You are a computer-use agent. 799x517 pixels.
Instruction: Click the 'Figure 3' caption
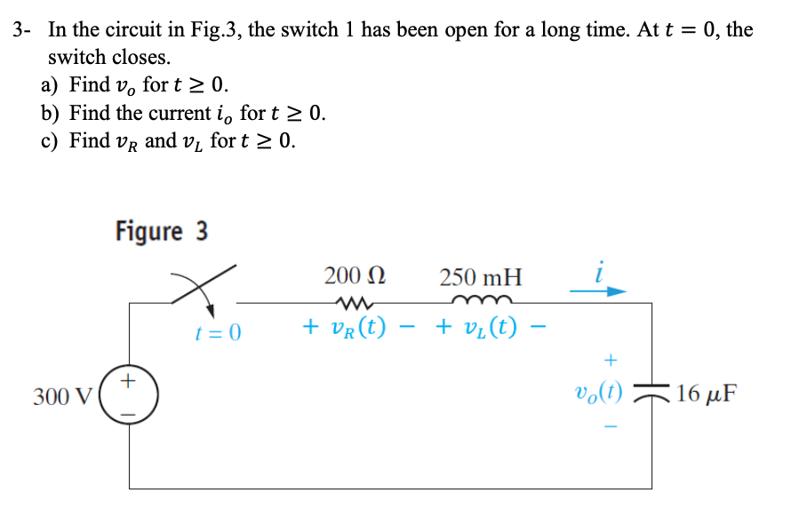coord(162,231)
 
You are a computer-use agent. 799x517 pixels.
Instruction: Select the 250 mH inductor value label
coord(481,276)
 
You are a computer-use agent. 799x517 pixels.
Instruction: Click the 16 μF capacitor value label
coord(707,393)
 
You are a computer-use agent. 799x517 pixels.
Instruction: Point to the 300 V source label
coord(59,395)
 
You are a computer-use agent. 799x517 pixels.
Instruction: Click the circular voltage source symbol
coord(130,396)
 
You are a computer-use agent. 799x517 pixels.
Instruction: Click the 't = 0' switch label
coord(219,333)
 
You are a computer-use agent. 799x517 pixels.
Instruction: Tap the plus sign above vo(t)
coord(610,360)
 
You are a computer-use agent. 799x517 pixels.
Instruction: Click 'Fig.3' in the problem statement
coord(214,29)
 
